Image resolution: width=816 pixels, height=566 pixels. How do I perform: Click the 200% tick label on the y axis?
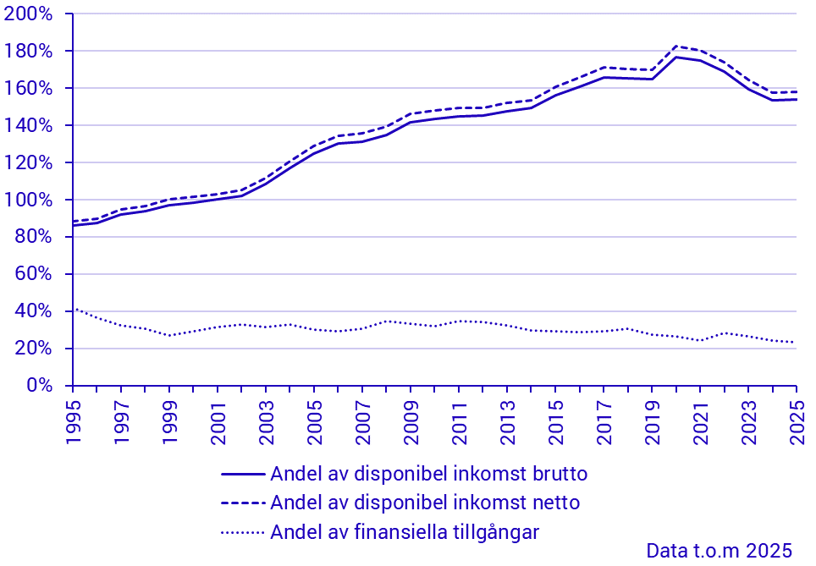tap(34, 14)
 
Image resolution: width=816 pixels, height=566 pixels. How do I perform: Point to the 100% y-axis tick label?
tap(34, 200)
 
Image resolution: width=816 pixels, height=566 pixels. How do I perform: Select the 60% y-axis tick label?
tap(38, 274)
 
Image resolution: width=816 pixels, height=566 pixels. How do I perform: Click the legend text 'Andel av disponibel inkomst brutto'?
tap(428, 474)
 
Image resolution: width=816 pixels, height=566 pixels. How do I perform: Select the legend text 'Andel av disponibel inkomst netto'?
tap(425, 503)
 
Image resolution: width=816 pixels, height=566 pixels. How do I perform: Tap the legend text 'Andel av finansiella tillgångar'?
tap(405, 532)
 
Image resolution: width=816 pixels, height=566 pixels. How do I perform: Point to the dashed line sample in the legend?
tap(243, 503)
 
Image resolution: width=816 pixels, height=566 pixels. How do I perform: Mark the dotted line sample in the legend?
tap(243, 533)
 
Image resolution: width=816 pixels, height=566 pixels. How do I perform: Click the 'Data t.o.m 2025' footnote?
tap(719, 551)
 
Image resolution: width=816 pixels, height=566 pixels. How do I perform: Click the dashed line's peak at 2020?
tap(675, 46)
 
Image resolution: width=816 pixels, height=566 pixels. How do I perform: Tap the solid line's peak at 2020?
tap(675, 57)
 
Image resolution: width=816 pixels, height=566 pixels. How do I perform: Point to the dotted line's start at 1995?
tap(74, 309)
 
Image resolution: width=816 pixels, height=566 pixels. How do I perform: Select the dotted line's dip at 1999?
tap(169, 335)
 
